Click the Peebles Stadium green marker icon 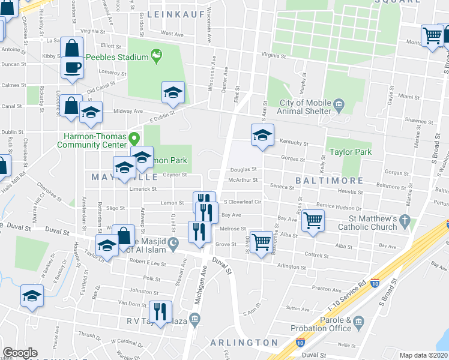coord(157,57)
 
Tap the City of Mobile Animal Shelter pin coord(339,106)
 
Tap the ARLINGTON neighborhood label coord(244,342)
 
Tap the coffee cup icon coord(72,68)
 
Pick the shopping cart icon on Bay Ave coord(313,220)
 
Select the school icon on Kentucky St coord(262,135)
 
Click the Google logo coord(20,353)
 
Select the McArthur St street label coord(243,179)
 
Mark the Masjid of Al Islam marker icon coord(173,243)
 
